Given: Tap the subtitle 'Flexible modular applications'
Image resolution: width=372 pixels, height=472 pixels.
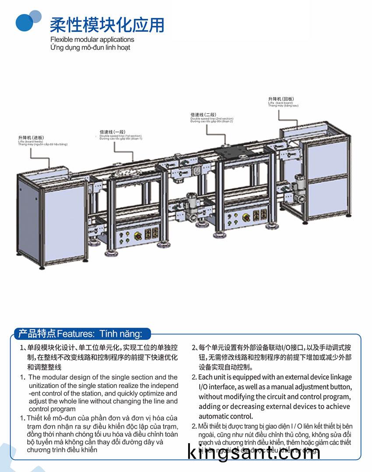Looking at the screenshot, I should coord(92,39).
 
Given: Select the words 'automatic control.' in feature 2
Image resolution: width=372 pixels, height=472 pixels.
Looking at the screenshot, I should coord(226,416).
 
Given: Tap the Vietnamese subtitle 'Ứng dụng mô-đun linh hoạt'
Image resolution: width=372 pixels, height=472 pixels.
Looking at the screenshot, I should coord(90,47).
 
